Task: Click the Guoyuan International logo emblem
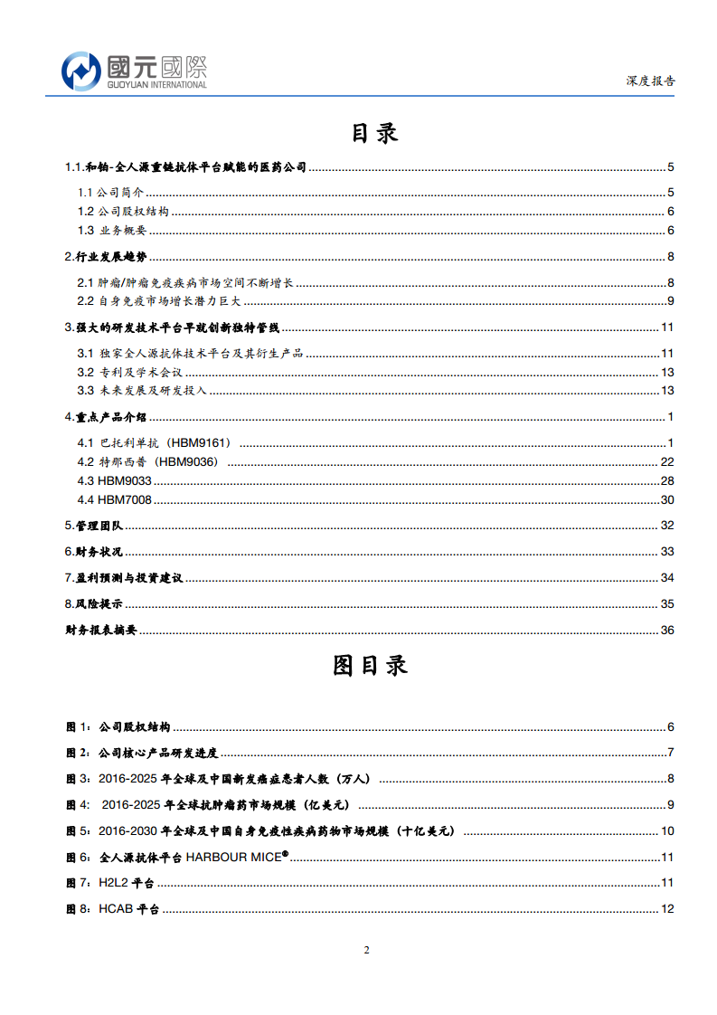coord(80,71)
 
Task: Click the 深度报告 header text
coord(650,81)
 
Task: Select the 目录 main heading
coord(374,133)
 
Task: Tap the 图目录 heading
coord(371,665)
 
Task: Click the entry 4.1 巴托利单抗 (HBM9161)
coord(156,442)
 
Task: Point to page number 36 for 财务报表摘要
coord(668,631)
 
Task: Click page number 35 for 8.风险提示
coord(668,604)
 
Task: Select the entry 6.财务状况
coord(93,552)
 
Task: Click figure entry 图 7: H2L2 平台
coord(110,883)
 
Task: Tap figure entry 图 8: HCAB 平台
coord(113,909)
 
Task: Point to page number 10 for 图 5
coord(668,831)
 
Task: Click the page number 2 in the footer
coord(366,950)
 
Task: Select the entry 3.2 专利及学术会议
coord(130,372)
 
